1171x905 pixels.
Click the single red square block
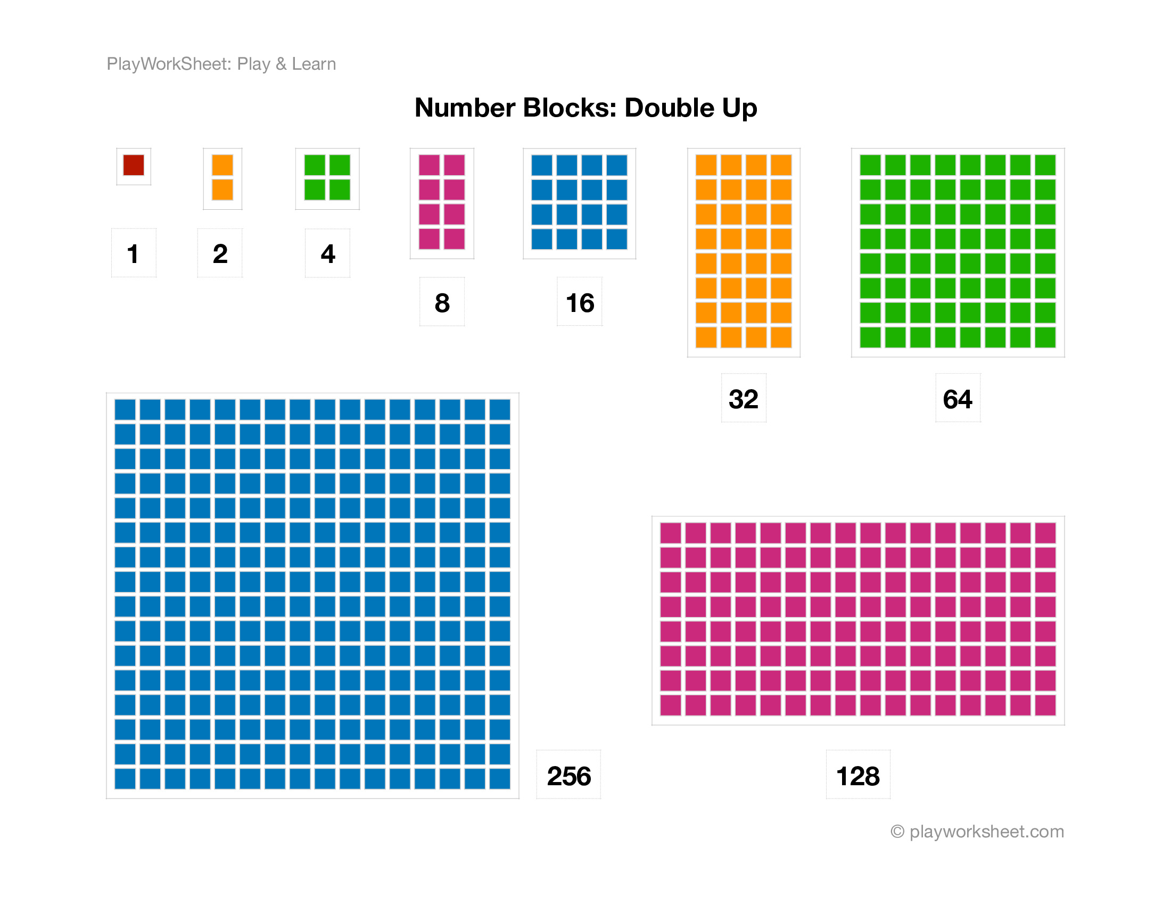click(x=134, y=165)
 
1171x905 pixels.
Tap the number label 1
click(x=133, y=253)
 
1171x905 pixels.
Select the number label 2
click(x=220, y=253)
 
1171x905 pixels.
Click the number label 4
click(x=327, y=253)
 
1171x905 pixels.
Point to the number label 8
click(x=442, y=303)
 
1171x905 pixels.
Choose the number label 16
click(x=580, y=303)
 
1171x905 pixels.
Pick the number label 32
click(x=743, y=399)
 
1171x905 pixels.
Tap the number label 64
click(x=958, y=399)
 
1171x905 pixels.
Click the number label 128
click(x=858, y=776)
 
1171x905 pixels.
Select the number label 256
click(x=568, y=776)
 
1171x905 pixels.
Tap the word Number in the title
click(x=465, y=108)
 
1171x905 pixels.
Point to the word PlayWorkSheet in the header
click(x=169, y=64)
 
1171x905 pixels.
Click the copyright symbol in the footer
click(x=897, y=832)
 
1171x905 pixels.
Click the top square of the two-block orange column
click(x=222, y=165)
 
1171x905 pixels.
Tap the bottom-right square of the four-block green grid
click(x=340, y=190)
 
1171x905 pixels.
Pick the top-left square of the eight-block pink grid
click(x=429, y=165)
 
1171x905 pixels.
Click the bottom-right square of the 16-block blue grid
click(x=617, y=239)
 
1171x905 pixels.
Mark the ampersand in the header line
click(x=281, y=64)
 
